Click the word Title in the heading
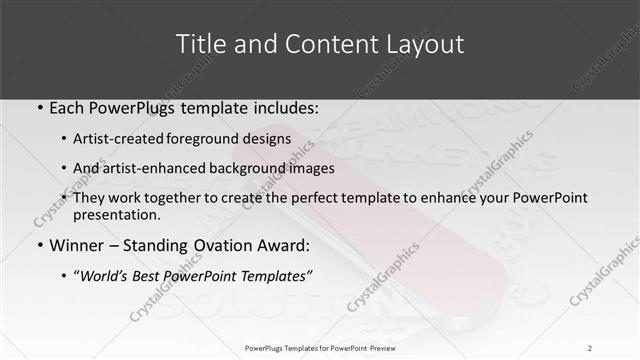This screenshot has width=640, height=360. click(x=199, y=44)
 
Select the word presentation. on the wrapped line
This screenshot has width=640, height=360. click(x=117, y=214)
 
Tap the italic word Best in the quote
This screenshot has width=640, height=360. click(x=150, y=275)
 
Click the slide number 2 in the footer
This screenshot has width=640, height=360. click(x=590, y=347)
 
